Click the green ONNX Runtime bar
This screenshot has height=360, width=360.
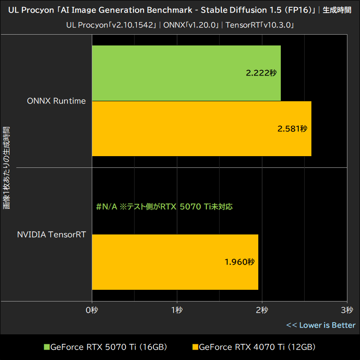[x=186, y=73]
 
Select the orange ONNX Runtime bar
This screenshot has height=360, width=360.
[x=202, y=129]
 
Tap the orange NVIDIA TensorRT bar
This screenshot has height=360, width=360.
[x=175, y=262]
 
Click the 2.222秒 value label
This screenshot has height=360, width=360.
[x=261, y=73]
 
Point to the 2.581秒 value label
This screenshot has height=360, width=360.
[x=292, y=129]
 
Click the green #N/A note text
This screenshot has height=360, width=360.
[x=164, y=207]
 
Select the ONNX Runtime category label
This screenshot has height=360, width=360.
[x=56, y=101]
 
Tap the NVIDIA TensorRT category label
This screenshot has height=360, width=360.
[x=51, y=234]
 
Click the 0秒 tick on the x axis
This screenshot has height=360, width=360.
[x=92, y=310]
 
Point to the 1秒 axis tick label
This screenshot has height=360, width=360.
[x=177, y=310]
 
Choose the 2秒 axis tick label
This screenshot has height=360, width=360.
[x=262, y=310]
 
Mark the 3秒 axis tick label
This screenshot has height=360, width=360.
[x=346, y=310]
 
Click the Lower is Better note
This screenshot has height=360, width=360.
[x=321, y=325]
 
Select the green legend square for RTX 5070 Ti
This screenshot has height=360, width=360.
[x=46, y=347]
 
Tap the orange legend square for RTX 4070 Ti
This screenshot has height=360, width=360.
[x=195, y=347]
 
